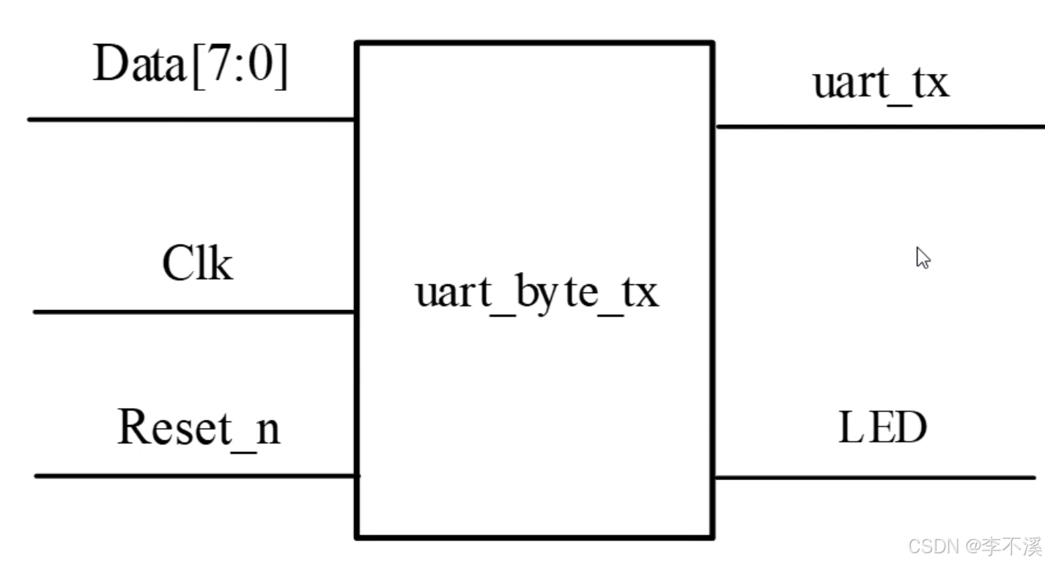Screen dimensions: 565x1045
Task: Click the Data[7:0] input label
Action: (191, 67)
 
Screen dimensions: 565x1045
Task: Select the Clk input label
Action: (197, 264)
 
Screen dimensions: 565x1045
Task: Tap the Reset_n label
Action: (199, 428)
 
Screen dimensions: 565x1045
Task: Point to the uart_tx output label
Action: (881, 83)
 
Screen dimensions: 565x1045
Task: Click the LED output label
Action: (882, 429)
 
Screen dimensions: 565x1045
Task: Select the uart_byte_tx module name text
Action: (536, 293)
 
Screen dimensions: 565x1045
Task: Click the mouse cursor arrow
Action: (922, 257)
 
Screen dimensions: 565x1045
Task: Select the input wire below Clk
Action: (195, 311)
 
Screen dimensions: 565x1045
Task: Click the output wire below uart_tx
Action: (879, 127)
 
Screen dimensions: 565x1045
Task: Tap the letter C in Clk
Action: (177, 264)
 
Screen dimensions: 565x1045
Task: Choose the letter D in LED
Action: (911, 429)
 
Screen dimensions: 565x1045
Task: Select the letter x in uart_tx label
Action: (936, 84)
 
